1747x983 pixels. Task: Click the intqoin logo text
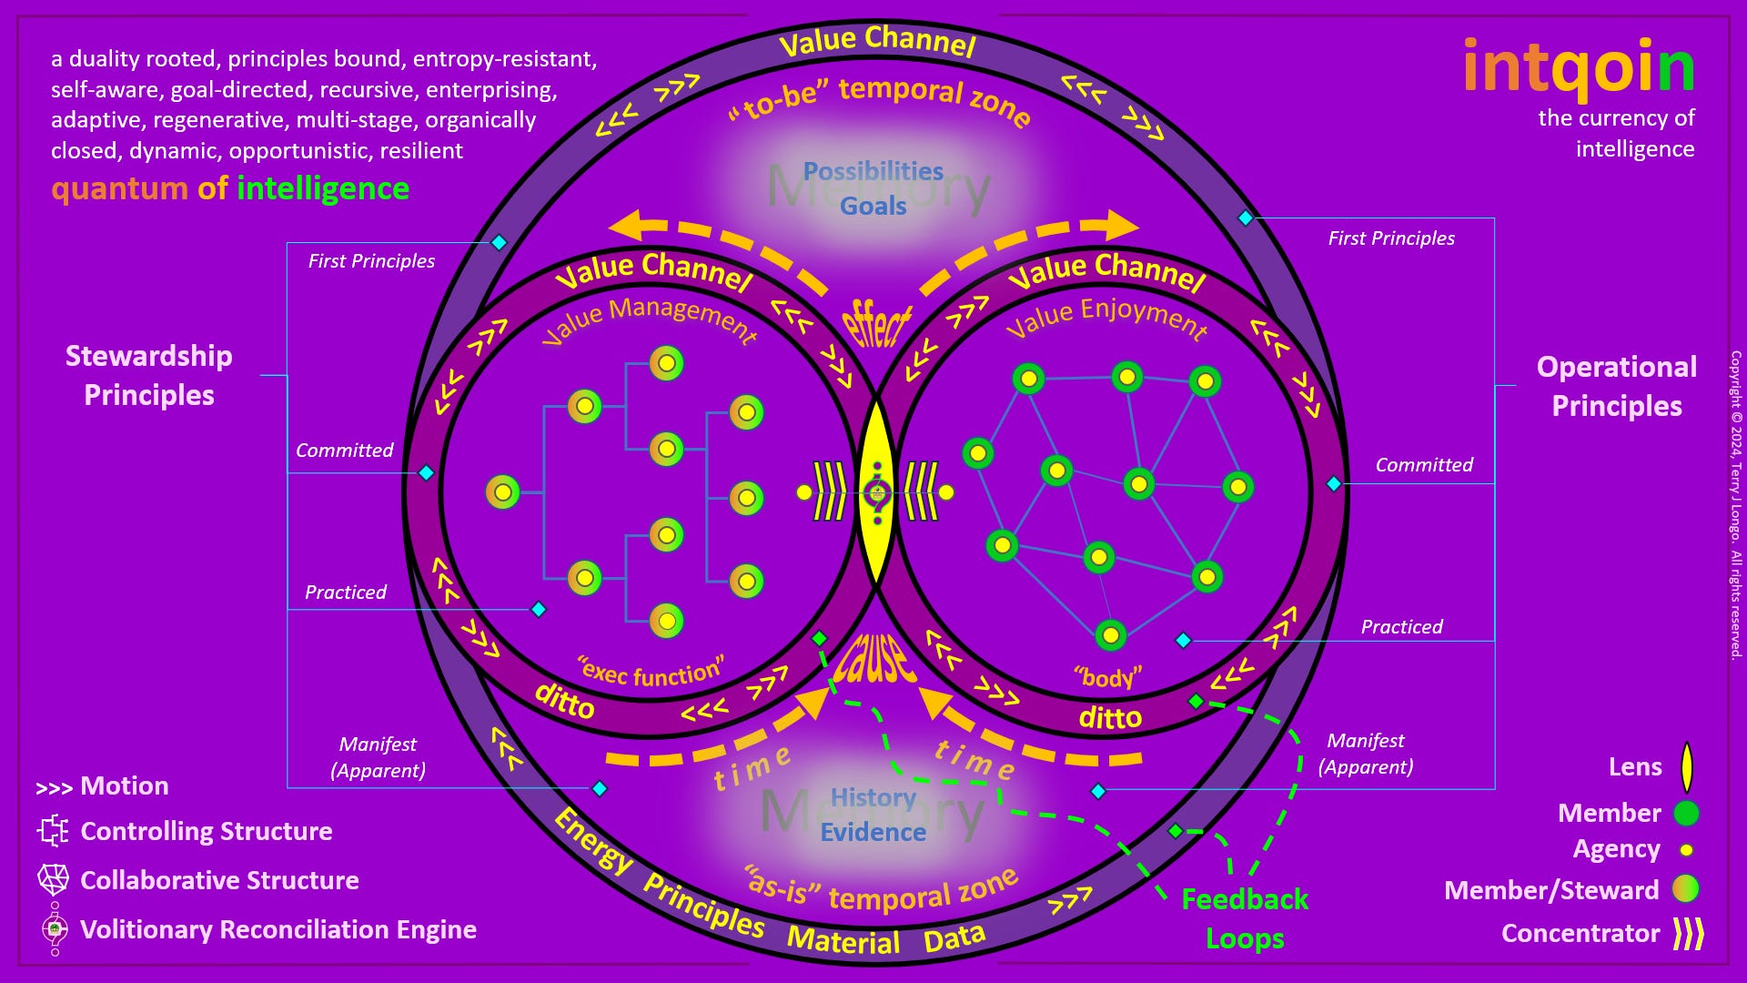[x=1579, y=69]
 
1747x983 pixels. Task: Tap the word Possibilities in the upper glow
[x=873, y=171]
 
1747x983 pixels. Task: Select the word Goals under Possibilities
[x=873, y=206]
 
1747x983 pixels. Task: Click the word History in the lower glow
[x=873, y=797]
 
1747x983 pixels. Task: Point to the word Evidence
[x=873, y=832]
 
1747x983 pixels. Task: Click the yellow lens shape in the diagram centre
[x=876, y=492]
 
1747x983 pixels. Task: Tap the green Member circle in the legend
[x=1686, y=813]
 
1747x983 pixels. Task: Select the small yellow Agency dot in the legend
[x=1686, y=850]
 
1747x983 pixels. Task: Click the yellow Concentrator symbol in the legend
[x=1688, y=933]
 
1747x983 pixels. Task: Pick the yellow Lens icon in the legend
[x=1686, y=767]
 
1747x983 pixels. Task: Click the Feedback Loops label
[x=1244, y=918]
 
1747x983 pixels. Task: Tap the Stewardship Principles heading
[x=149, y=375]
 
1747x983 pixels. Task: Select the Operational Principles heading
[x=1616, y=386]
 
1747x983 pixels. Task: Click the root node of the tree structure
[x=502, y=492]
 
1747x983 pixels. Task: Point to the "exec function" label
[x=651, y=672]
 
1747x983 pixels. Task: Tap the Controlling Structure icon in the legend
[x=53, y=831]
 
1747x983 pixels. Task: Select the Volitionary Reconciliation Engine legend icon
[x=55, y=928]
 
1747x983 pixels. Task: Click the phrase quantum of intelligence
[x=230, y=188]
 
